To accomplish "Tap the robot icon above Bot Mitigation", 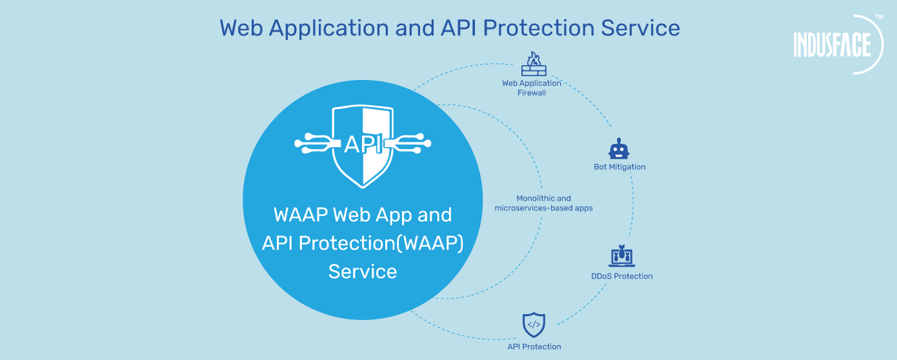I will [619, 149].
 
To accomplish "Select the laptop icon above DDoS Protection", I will [622, 257].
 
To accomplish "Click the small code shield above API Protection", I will [534, 325].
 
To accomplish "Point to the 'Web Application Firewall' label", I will [532, 88].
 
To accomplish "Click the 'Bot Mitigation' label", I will [620, 167].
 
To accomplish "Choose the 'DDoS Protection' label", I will [622, 276].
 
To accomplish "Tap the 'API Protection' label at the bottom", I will [534, 346].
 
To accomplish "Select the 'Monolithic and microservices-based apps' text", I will [543, 203].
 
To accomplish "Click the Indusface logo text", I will [832, 45].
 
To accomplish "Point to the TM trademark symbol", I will [879, 17].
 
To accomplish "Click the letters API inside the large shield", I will [362, 143].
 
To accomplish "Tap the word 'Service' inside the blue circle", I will [362, 271].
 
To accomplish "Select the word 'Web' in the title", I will [241, 28].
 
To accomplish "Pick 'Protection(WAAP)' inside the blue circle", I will [390, 243].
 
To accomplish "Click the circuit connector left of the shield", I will [317, 143].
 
